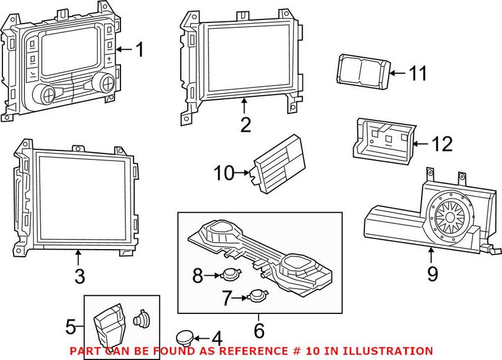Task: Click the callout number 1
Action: (x=139, y=50)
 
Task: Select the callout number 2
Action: (x=245, y=125)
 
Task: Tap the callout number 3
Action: (x=80, y=275)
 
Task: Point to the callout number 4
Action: (x=216, y=339)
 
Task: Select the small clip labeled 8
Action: (x=229, y=274)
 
